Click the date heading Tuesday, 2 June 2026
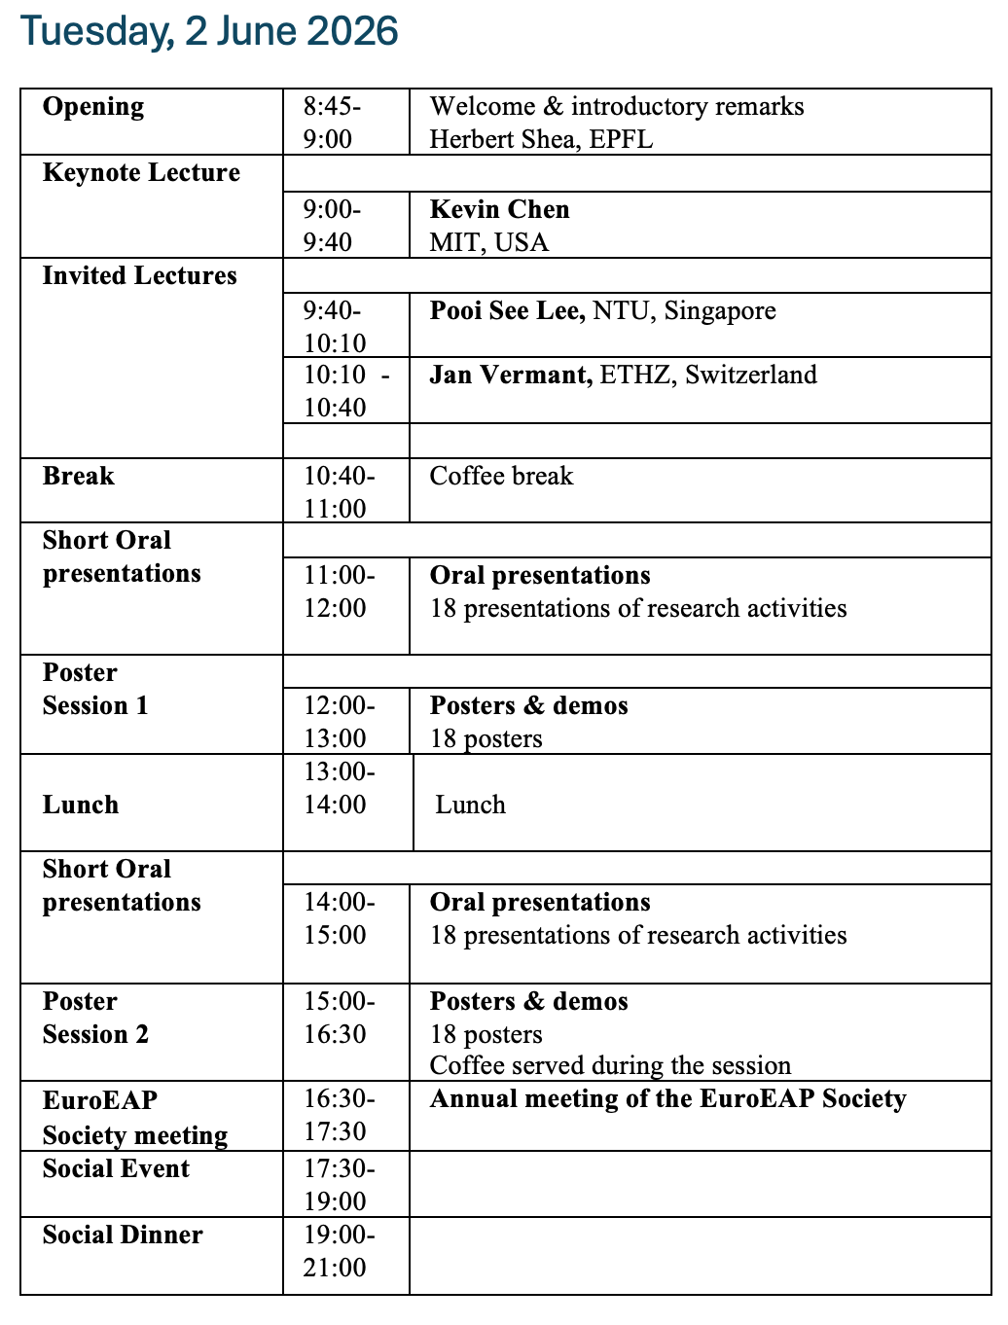(209, 31)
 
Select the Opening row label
(93, 107)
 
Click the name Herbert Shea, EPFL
(541, 139)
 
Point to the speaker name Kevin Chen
(499, 209)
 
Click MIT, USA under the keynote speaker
(488, 242)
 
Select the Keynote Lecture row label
(141, 173)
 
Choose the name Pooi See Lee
(507, 311)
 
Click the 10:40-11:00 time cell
(339, 492)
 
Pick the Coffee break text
(501, 477)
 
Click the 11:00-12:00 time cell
(339, 591)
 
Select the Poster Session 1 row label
(95, 689)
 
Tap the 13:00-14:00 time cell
(339, 788)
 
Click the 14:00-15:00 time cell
(339, 918)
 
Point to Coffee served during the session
(610, 1066)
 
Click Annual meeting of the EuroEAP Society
(667, 1099)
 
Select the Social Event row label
(116, 1169)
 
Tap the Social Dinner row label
(123, 1235)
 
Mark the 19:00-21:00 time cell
(339, 1251)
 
